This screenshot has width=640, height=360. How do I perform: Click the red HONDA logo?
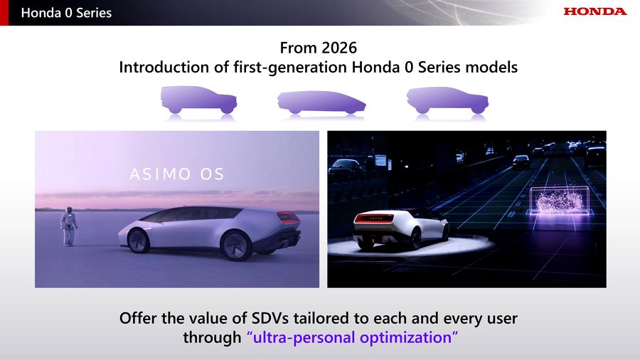594,11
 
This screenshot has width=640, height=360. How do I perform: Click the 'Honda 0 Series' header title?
66,13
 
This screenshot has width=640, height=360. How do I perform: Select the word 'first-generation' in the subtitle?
290,67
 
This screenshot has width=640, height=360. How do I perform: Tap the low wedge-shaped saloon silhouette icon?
321,102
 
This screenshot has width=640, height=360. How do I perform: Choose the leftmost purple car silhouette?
199,100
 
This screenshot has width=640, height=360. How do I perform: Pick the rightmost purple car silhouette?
447,100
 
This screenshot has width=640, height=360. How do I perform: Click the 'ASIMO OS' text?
177,174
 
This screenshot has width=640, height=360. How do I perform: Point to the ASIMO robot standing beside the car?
69,226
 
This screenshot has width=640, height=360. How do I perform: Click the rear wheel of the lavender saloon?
236,245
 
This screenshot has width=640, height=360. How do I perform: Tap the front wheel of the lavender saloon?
139,240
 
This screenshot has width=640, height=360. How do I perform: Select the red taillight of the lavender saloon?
288,217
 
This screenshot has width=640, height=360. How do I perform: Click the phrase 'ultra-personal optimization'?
352,337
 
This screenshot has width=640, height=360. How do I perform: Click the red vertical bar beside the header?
4,13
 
